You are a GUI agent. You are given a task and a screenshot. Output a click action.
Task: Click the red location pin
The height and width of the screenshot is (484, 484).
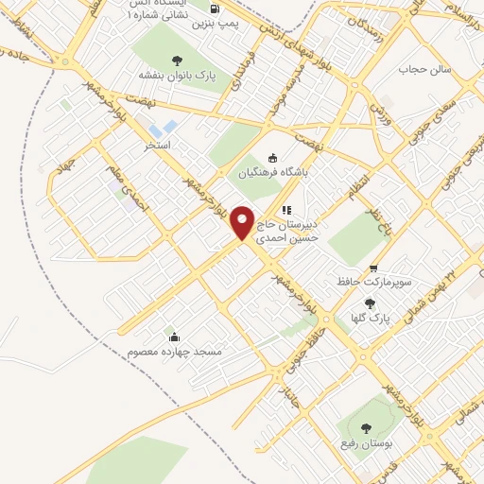point(243,222)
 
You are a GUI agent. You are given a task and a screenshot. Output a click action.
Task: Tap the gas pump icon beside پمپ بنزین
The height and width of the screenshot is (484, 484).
point(216,8)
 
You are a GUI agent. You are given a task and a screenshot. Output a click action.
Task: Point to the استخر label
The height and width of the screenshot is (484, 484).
point(157,147)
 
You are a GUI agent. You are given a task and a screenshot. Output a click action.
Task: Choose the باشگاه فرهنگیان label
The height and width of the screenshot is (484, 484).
point(274,172)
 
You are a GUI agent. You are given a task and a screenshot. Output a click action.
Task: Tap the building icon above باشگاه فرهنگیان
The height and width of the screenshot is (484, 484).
point(274,158)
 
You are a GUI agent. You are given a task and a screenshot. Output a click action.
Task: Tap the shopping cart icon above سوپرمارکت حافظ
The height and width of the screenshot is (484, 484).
point(375,268)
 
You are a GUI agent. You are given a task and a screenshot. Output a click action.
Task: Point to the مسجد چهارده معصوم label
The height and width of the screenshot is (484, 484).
point(173,352)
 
